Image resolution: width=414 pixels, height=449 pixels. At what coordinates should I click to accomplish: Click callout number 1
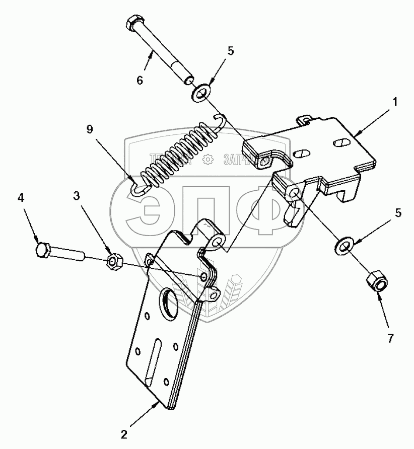coord(395,102)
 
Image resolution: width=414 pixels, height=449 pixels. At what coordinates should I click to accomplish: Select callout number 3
coord(77,195)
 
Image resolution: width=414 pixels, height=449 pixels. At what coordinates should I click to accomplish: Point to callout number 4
coord(21,198)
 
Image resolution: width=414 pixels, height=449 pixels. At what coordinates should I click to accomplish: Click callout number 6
coord(140,80)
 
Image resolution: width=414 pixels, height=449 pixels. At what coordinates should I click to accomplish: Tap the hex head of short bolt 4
coord(43,250)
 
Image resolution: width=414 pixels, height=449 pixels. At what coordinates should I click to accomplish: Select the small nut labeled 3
coord(114,261)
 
